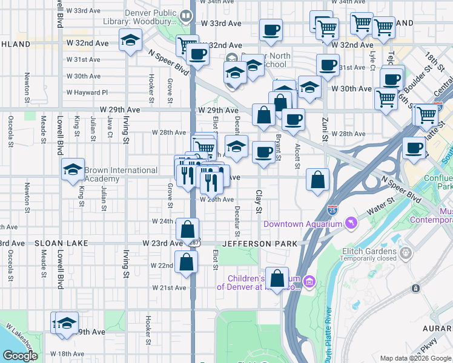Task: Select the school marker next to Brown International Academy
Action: tap(73, 169)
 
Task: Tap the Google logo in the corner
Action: tap(20, 356)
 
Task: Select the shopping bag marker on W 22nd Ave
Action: tap(187, 262)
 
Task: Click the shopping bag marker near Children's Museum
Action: tap(277, 279)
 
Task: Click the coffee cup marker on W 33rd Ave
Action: tap(271, 30)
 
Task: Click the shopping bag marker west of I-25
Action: tap(318, 179)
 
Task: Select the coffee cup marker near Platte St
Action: tap(415, 148)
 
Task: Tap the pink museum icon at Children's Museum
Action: tap(309, 281)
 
